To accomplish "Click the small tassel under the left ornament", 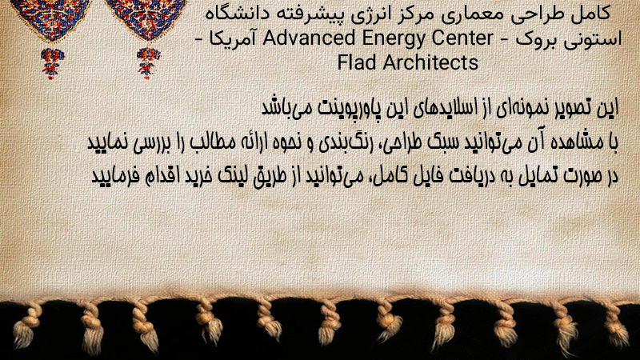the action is (52, 62).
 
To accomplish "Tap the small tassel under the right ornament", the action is (148, 62).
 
